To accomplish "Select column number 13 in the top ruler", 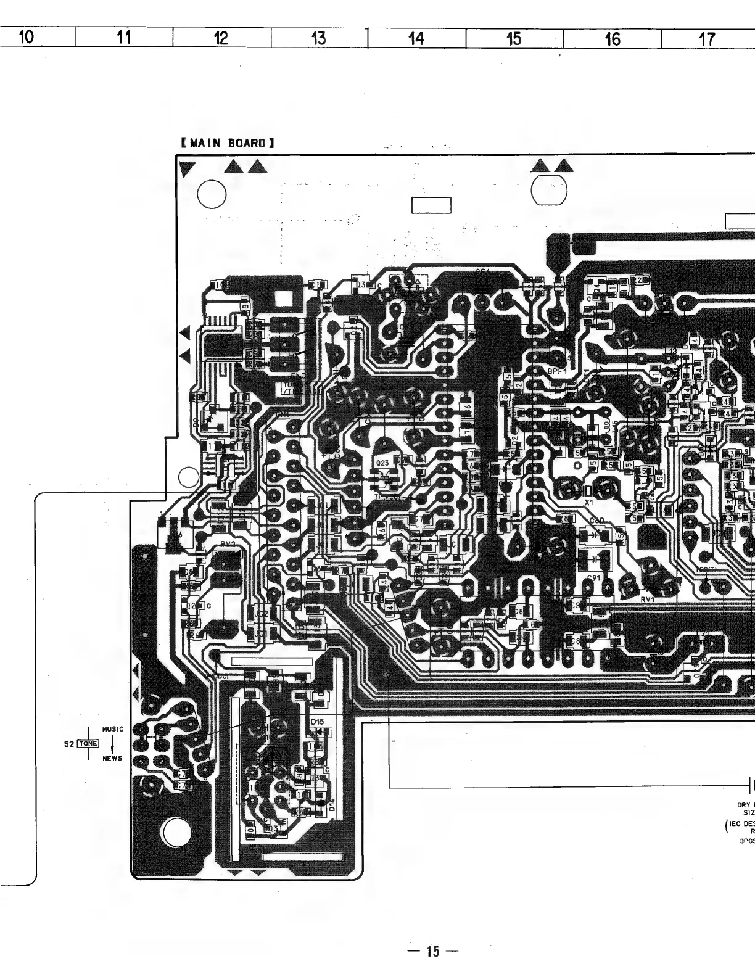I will [x=318, y=38].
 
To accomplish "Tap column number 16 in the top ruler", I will [x=612, y=39].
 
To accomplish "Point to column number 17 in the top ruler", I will [x=707, y=39].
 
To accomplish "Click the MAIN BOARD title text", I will [x=228, y=143].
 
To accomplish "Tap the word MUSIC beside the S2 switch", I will [x=112, y=729].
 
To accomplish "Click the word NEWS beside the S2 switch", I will [x=112, y=759].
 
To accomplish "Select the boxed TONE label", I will [x=88, y=744].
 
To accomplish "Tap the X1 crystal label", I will [x=588, y=503].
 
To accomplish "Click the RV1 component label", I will [x=647, y=598].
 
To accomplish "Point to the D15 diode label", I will [x=317, y=722].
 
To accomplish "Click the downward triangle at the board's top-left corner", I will [x=186, y=168].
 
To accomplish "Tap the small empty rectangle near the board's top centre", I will [x=431, y=205].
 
